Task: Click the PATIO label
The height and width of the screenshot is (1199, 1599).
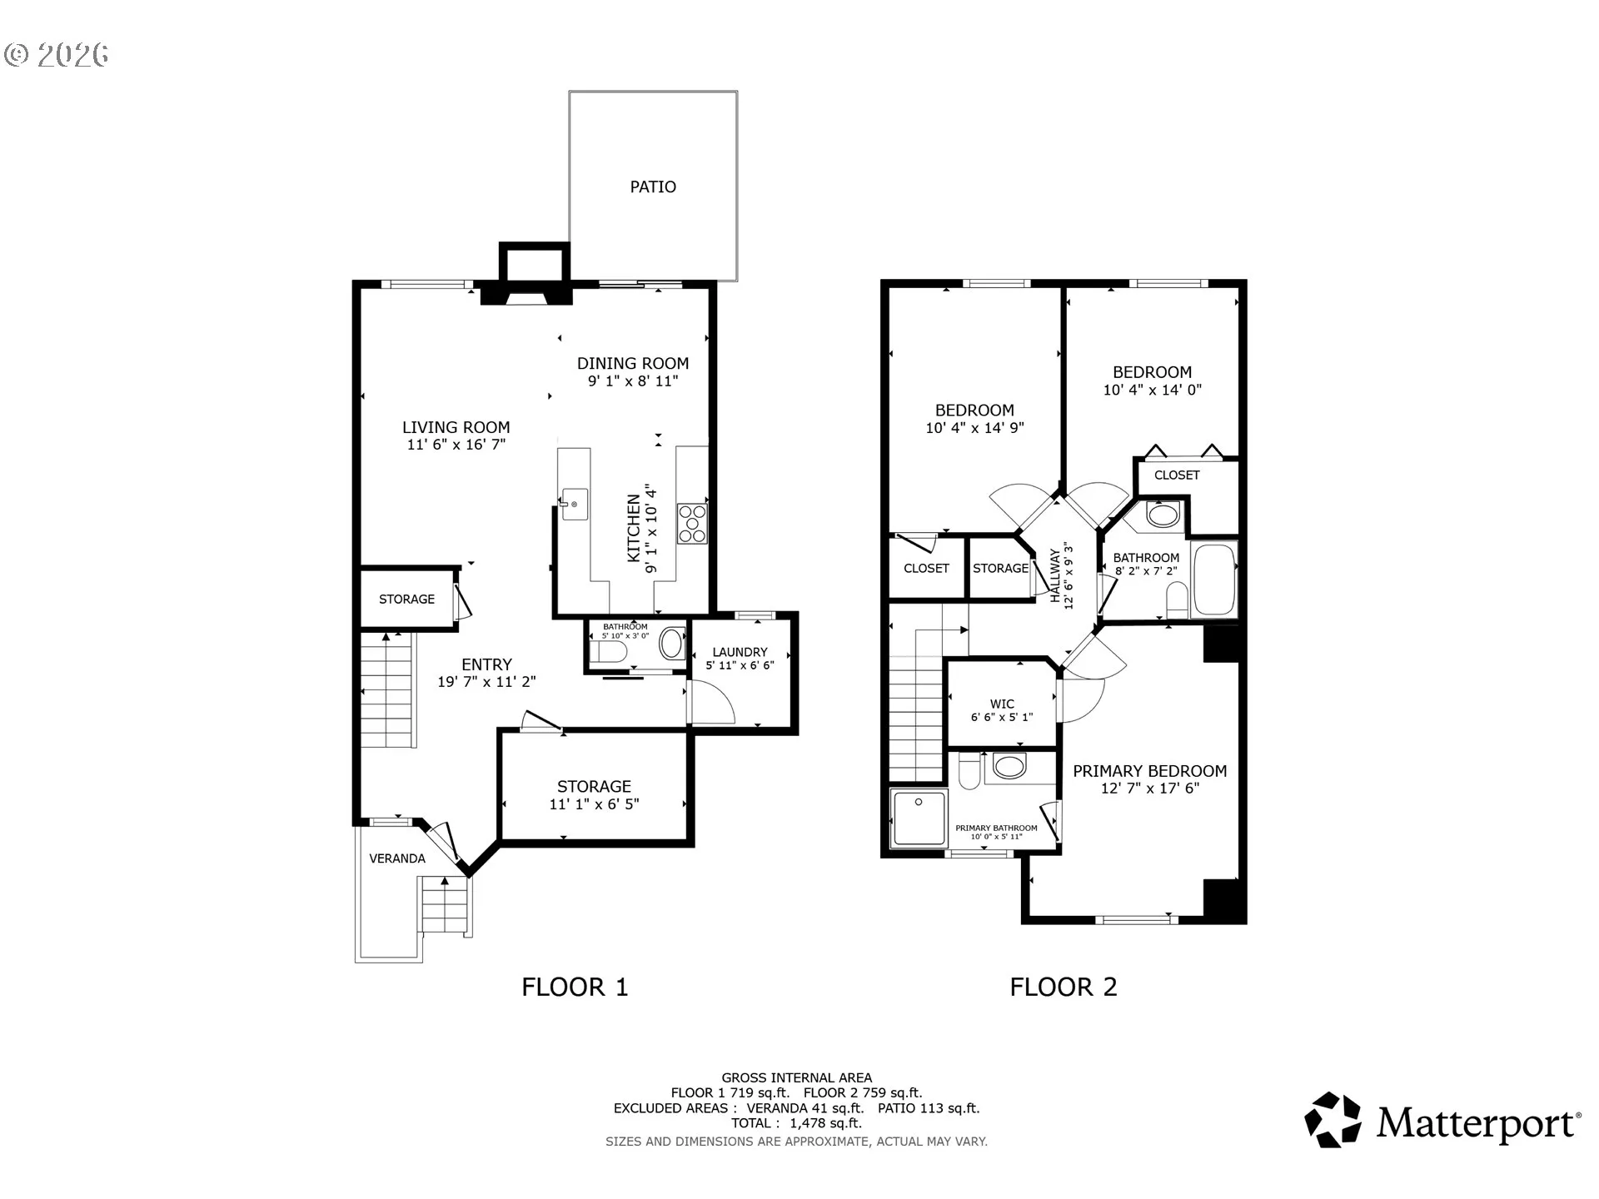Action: coord(653,187)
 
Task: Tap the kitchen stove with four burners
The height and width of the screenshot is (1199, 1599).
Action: coord(692,523)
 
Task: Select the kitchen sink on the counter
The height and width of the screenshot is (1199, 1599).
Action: coord(574,504)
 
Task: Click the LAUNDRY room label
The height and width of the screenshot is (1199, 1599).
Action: coord(740,652)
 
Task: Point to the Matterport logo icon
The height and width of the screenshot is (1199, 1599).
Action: coord(1332,1120)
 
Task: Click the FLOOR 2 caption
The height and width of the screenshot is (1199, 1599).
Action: coord(1064,987)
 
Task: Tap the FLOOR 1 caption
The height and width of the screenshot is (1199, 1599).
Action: coord(575,987)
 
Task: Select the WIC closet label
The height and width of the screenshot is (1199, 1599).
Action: coord(1002,704)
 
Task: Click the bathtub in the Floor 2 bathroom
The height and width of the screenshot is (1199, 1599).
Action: coord(1214,580)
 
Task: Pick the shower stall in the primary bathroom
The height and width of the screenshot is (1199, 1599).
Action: coord(919,818)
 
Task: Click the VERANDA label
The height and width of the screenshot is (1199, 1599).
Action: coord(397,858)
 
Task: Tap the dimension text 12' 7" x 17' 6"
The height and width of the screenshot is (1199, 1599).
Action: coord(1150,789)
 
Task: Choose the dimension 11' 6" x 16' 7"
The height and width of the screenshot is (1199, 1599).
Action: coord(456,445)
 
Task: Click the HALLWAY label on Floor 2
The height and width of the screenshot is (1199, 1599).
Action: coord(1055,575)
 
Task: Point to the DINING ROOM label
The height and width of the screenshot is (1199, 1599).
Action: coord(633,363)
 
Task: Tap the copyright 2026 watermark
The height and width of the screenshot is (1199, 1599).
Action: coord(57,55)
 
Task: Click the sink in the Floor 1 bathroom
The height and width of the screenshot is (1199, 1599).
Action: coord(671,644)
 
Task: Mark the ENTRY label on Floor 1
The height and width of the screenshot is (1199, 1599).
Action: coord(486,664)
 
